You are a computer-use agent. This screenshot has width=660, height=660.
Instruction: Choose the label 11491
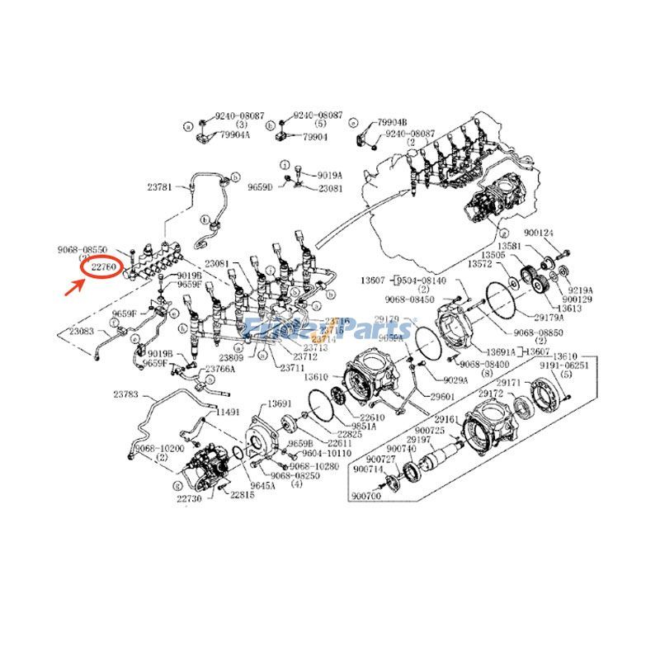click(x=228, y=410)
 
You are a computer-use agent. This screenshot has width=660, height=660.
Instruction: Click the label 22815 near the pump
click(x=242, y=495)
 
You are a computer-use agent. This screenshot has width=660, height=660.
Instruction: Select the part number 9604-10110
click(x=328, y=454)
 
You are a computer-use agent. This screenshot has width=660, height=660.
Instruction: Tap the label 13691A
click(x=500, y=351)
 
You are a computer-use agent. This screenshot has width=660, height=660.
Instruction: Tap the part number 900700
click(x=364, y=496)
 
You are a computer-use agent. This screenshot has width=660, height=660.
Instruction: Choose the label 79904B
click(x=392, y=121)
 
